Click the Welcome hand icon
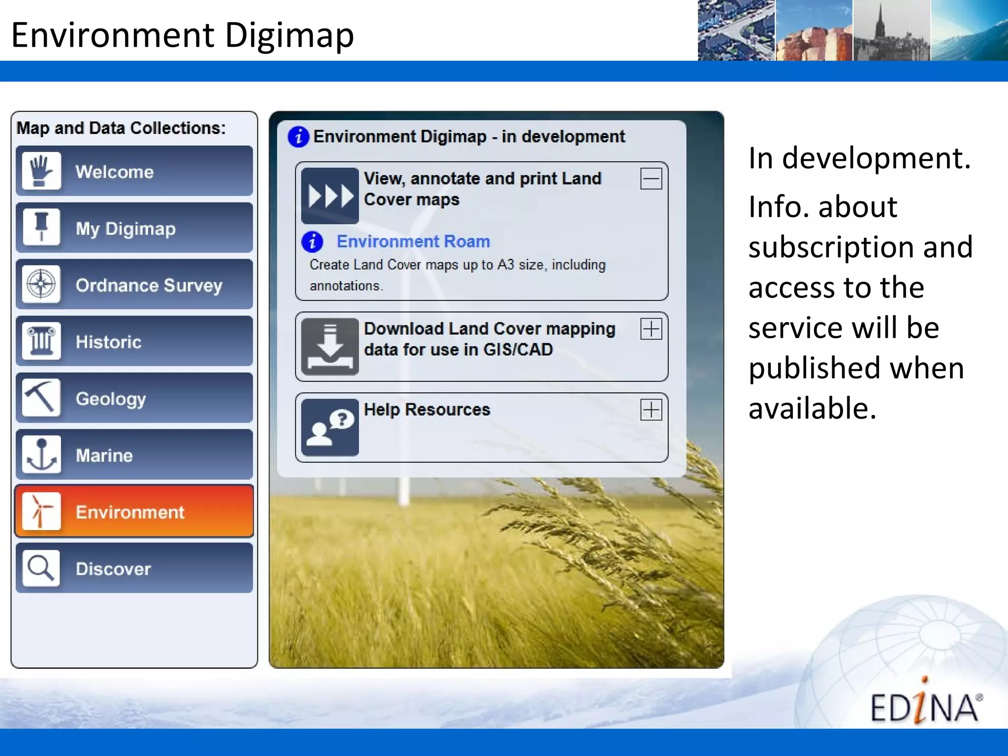tap(41, 171)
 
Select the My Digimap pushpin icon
tap(41, 227)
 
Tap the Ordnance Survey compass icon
tap(41, 284)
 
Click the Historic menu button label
tap(108, 342)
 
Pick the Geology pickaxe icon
tap(41, 398)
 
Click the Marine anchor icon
tap(41, 454)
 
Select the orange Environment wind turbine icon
tap(41, 511)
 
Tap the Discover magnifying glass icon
tap(41, 568)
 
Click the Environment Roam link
tap(413, 241)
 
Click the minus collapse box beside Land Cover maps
tap(651, 179)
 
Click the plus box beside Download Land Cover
tap(651, 329)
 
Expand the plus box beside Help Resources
tap(651, 409)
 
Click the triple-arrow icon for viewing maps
tap(330, 196)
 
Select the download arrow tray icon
tap(330, 346)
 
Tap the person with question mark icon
tap(330, 427)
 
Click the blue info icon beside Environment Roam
tap(312, 241)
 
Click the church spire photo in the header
tap(891, 31)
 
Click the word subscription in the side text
tap(860, 247)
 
